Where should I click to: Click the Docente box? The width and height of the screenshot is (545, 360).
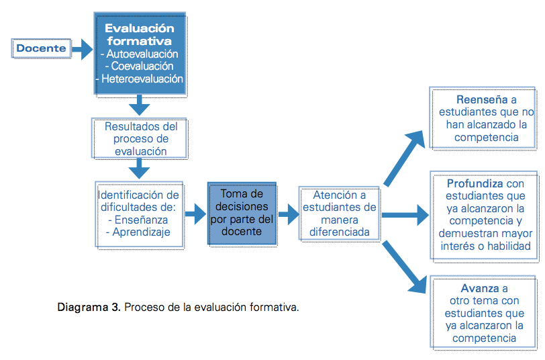(x=41, y=48)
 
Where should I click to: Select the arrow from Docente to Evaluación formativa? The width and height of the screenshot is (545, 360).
(x=83, y=49)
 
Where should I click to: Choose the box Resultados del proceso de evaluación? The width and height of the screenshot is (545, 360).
(x=140, y=138)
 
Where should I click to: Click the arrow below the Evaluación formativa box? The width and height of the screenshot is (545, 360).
(x=139, y=105)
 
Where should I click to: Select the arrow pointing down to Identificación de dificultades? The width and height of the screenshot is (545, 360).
(x=139, y=169)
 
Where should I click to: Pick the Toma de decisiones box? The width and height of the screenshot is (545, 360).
(x=242, y=213)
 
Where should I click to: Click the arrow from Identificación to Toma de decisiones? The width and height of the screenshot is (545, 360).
(x=196, y=214)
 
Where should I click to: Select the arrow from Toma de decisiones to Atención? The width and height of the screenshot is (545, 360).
(x=289, y=214)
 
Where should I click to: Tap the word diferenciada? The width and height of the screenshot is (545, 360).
(x=339, y=232)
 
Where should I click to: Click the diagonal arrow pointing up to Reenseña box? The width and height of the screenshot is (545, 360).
(x=404, y=158)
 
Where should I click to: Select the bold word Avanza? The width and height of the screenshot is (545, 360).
(x=480, y=288)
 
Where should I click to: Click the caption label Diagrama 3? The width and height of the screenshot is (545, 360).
(x=89, y=308)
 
